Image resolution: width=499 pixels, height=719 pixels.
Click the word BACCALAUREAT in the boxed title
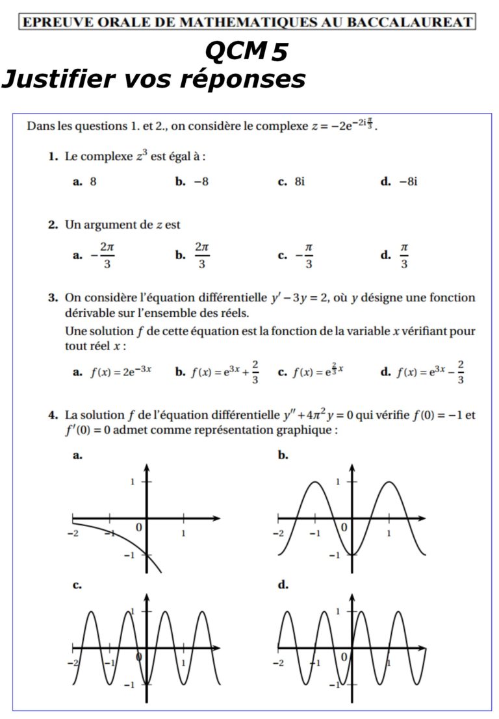coord(410,22)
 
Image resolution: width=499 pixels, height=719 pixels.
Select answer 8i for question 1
coord(298,182)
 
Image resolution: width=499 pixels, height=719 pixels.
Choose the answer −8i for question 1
coord(408,182)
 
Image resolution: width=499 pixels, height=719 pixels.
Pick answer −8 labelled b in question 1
coord(201,182)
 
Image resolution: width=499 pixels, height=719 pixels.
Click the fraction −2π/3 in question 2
coord(105,255)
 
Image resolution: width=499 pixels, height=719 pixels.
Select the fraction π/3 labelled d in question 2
coord(403,255)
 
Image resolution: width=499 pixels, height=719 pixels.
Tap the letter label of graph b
coord(283,456)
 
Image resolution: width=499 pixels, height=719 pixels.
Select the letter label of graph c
coord(77,585)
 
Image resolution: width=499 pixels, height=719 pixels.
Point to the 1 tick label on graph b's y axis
coord(338,482)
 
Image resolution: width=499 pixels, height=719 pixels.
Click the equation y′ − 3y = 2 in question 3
coord(301,298)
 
